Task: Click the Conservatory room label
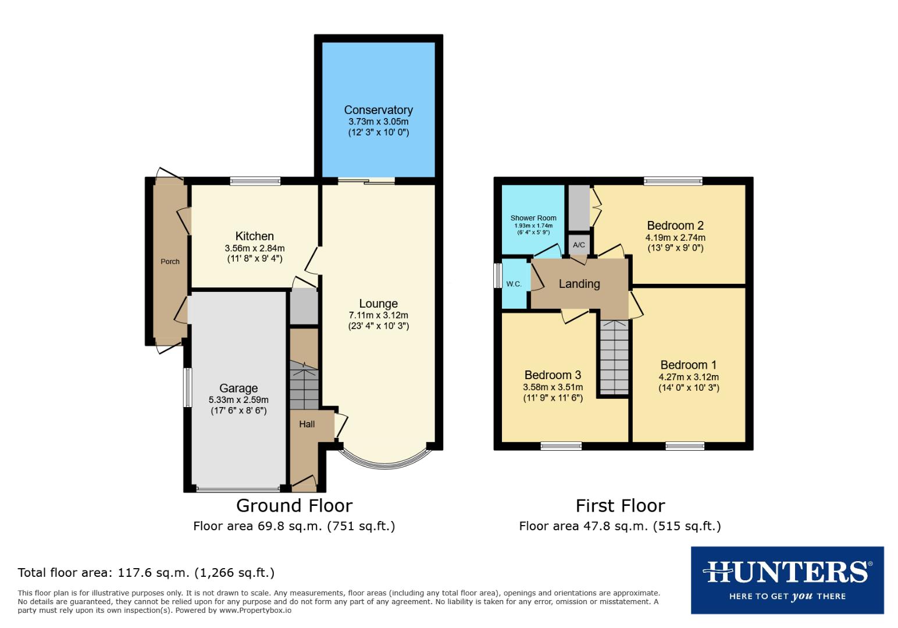378,110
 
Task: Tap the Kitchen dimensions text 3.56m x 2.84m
254,248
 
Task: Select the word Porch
170,262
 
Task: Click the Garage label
238,388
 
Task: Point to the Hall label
307,424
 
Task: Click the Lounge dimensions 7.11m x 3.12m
378,315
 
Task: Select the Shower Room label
533,218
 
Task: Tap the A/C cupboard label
579,245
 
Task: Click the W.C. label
514,284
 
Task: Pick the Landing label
579,284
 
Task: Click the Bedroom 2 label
675,226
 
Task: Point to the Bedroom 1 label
688,365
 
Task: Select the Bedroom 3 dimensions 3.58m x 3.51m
553,387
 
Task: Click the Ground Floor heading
294,505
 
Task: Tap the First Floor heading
620,505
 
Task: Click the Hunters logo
787,580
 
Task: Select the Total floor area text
146,573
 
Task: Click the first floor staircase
614,358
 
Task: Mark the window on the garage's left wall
187,387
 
